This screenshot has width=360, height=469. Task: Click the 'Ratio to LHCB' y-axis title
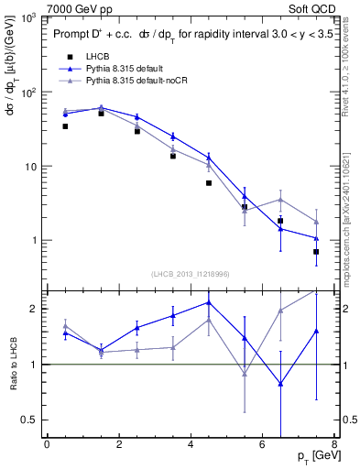tap(13, 364)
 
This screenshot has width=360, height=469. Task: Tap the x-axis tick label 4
tap(190, 445)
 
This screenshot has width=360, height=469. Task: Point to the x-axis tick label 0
tap(47, 445)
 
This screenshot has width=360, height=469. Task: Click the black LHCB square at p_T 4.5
tap(209, 183)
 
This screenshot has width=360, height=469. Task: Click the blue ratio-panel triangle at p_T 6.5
tap(280, 385)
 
